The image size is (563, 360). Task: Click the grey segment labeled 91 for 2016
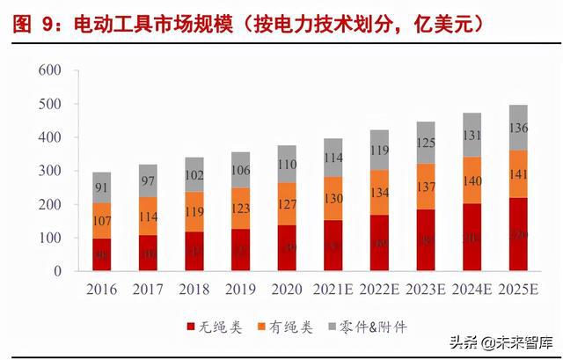coord(102,187)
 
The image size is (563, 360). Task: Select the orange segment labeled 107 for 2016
coord(102,220)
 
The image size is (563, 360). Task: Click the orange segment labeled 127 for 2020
coord(288,204)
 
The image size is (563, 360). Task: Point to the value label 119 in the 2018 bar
coord(195,212)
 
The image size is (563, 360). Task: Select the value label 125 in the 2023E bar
coord(425,143)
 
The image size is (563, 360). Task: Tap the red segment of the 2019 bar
coord(241,250)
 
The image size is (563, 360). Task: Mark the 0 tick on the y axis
coord(55,271)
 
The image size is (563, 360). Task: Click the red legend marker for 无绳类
coord(192,327)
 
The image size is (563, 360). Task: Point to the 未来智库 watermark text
coord(520,342)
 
